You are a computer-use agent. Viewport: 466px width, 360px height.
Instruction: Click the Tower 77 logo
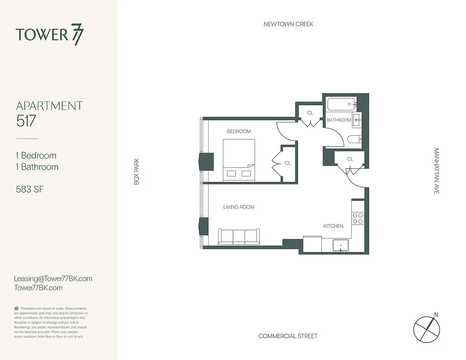click(50, 35)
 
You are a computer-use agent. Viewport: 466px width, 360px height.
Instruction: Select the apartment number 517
click(26, 121)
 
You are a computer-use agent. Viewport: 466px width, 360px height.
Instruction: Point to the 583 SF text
click(30, 189)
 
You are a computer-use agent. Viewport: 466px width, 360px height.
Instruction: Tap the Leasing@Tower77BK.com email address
click(53, 279)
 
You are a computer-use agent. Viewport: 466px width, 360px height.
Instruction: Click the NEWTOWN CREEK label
click(288, 24)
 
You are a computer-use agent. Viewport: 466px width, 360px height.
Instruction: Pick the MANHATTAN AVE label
click(436, 171)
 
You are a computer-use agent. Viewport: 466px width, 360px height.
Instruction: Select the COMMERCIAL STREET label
click(288, 336)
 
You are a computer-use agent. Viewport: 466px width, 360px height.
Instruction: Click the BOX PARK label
click(137, 171)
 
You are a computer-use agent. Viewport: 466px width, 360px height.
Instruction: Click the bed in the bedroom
click(239, 160)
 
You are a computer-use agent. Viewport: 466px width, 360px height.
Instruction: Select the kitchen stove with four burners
click(357, 218)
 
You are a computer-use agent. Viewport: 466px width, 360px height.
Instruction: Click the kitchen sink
click(341, 246)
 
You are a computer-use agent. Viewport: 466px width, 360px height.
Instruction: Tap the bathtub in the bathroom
click(341, 105)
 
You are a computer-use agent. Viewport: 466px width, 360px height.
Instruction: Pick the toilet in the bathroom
click(354, 139)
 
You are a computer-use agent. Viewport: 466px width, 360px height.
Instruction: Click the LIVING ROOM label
click(239, 207)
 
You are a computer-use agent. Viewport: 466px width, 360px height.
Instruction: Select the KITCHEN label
click(333, 226)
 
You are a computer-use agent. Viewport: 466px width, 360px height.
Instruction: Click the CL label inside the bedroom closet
click(288, 163)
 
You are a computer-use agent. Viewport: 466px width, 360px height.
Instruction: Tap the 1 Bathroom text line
click(37, 167)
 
